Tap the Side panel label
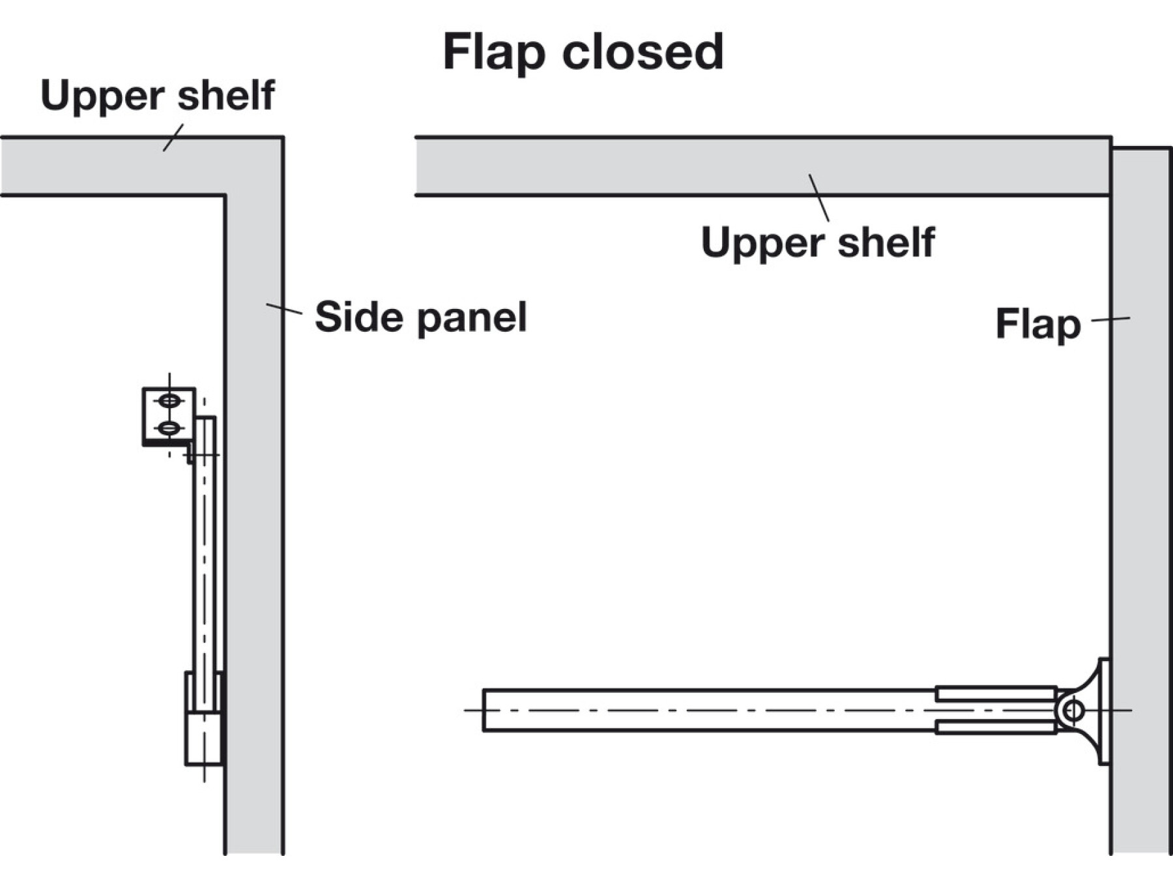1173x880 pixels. point(420,317)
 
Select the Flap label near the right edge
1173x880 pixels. point(1037,324)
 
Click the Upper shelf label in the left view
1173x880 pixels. point(157,96)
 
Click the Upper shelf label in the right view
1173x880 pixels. point(818,242)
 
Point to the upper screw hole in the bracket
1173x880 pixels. point(169,400)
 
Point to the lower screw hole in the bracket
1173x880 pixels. point(169,428)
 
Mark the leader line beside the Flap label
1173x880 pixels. point(1110,319)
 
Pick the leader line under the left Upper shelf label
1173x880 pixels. point(173,138)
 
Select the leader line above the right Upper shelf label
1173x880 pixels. point(819,198)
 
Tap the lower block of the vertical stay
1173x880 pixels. point(203,738)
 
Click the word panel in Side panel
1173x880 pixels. point(472,317)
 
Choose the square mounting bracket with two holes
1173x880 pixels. point(168,416)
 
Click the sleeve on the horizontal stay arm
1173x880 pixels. point(995,710)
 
